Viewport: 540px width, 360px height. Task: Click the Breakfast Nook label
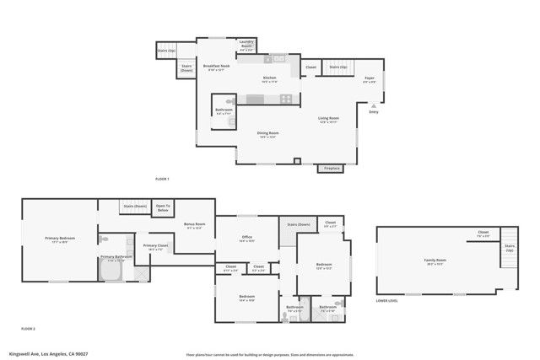(219, 66)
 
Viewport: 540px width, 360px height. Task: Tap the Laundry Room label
(246, 45)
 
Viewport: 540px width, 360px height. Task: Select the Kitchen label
(269, 78)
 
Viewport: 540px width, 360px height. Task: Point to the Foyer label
(369, 79)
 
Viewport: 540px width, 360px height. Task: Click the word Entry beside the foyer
(374, 110)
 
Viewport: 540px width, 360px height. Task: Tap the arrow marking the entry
(374, 105)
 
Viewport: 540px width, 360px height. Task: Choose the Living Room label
(328, 119)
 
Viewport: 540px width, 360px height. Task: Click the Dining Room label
(268, 133)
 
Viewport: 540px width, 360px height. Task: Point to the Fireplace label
(332, 169)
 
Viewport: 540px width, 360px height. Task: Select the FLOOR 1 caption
(162, 180)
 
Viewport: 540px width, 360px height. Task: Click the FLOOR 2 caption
(28, 328)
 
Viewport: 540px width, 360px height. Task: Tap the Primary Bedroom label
(60, 239)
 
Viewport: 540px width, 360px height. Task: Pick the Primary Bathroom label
(116, 258)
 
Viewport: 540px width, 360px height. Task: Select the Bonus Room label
(194, 225)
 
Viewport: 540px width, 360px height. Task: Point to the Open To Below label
(163, 208)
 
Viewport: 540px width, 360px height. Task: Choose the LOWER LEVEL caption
(387, 300)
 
